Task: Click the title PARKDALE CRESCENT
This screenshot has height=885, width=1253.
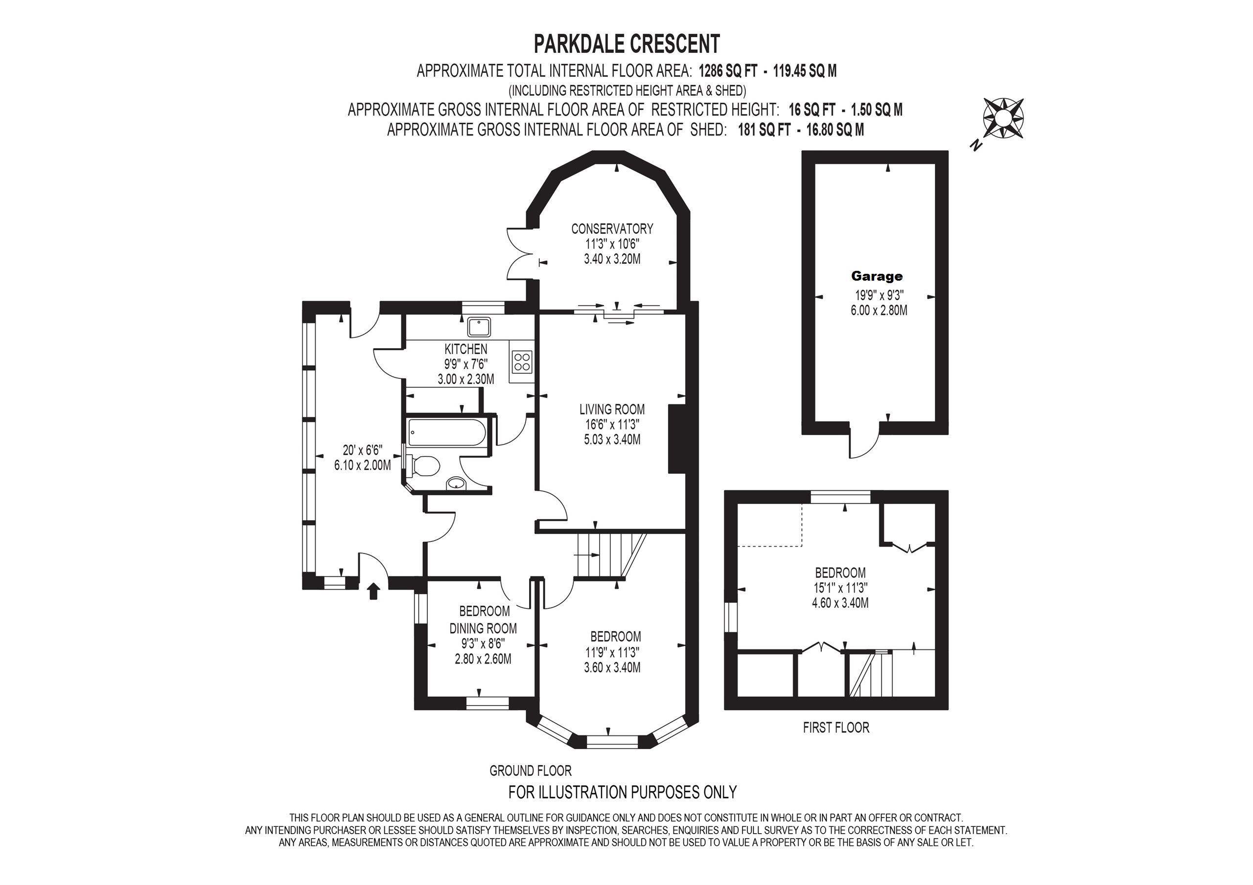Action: [x=626, y=44]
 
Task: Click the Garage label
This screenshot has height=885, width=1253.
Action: [x=877, y=276]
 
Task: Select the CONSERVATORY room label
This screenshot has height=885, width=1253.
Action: [x=612, y=228]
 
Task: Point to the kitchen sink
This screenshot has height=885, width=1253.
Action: [x=479, y=327]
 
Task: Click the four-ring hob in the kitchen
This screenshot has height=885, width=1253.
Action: [x=522, y=362]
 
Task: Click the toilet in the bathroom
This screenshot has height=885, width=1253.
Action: [x=422, y=466]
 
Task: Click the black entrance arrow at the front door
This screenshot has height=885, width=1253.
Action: [x=373, y=591]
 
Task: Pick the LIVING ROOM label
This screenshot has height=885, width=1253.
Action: [x=612, y=409]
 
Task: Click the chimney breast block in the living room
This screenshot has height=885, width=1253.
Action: [x=677, y=439]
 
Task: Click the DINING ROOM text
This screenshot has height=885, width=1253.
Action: [x=483, y=628]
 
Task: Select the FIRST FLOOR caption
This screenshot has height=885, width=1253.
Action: [x=836, y=728]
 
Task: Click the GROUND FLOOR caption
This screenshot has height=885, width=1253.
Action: [x=531, y=771]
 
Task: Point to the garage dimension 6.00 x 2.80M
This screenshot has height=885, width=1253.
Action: [x=879, y=310]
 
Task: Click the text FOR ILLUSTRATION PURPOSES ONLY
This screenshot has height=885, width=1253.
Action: [x=623, y=792]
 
